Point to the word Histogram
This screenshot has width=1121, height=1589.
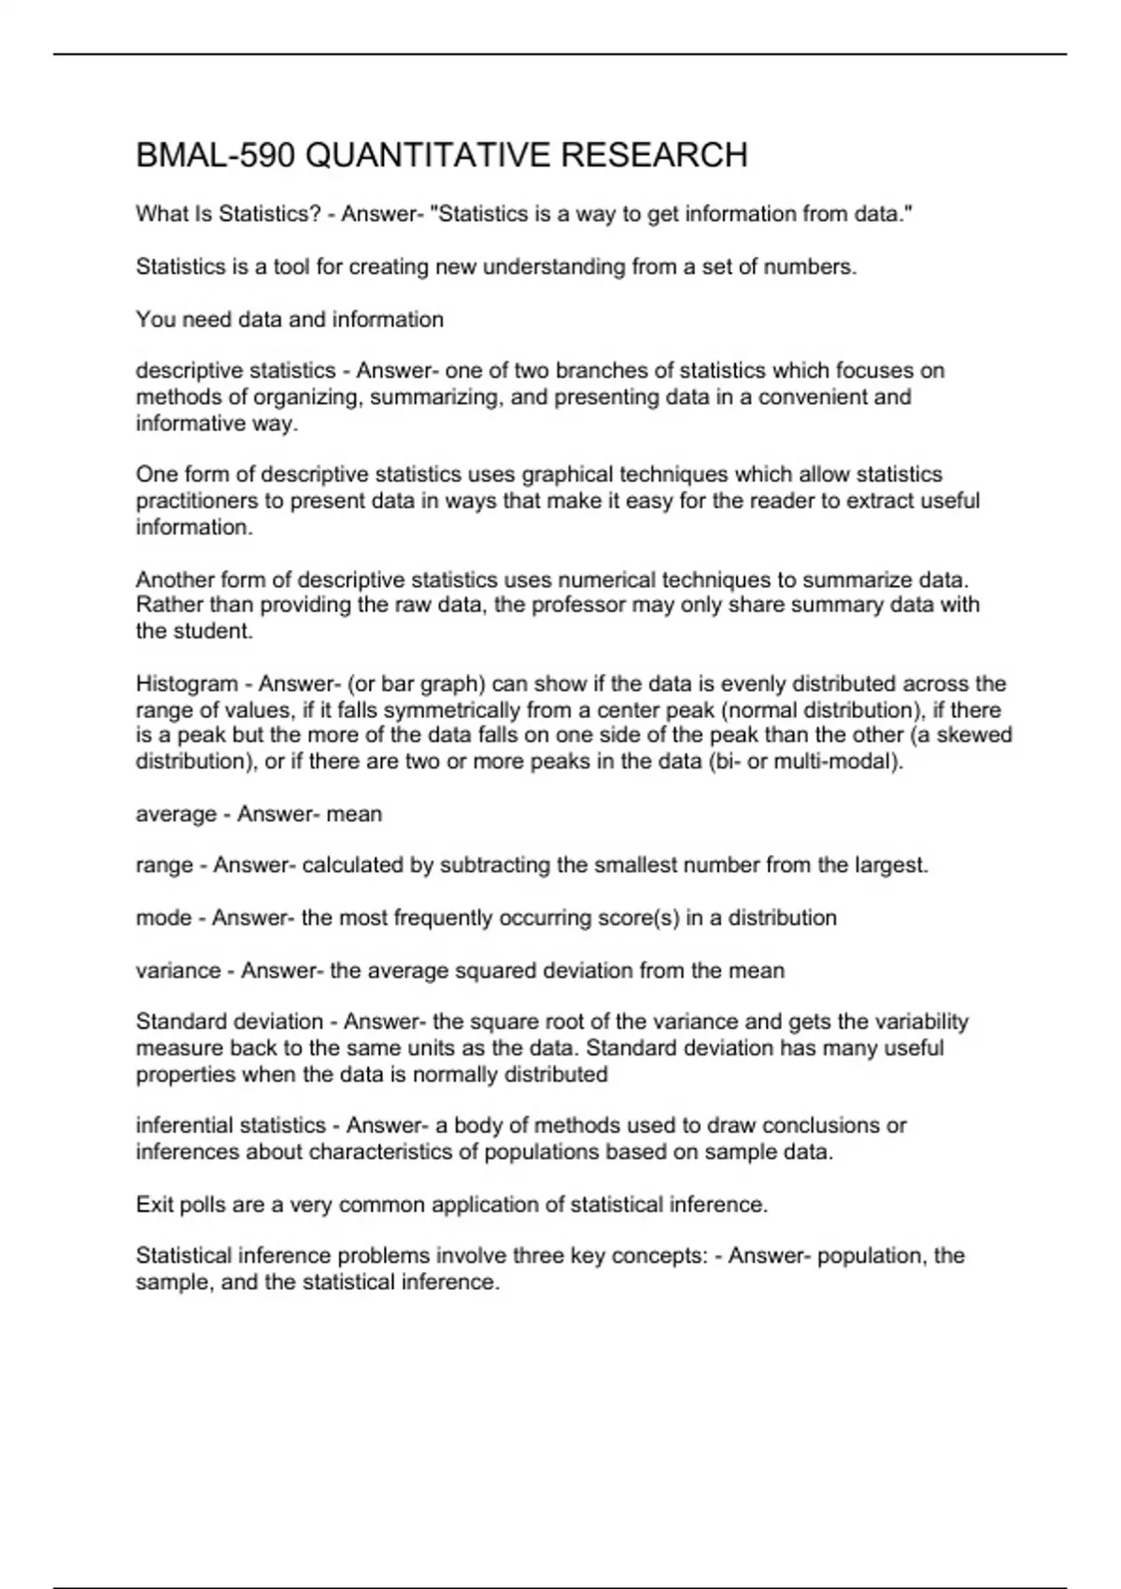click(186, 683)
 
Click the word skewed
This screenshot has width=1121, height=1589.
click(974, 735)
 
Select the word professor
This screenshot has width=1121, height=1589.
click(578, 605)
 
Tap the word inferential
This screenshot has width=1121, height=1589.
click(185, 1125)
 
